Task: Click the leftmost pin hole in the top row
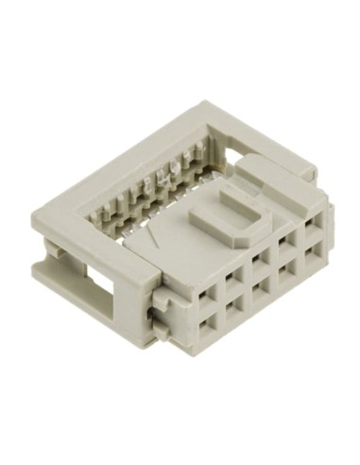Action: coord(205,288)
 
